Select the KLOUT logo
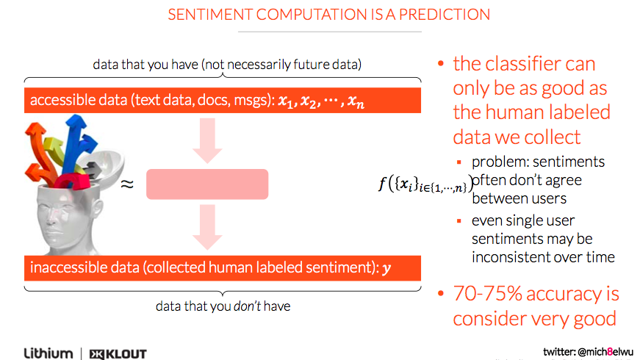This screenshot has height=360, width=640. point(118,353)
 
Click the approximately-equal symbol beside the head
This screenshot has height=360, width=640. point(126,184)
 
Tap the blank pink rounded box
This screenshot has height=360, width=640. point(207,184)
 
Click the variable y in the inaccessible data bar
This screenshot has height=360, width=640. point(387,268)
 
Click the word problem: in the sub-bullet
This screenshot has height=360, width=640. point(500,162)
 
